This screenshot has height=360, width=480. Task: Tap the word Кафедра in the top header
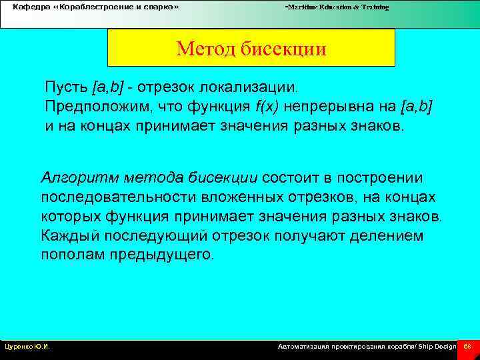coord(31,7)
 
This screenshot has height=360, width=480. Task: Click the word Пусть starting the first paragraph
coord(66,87)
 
